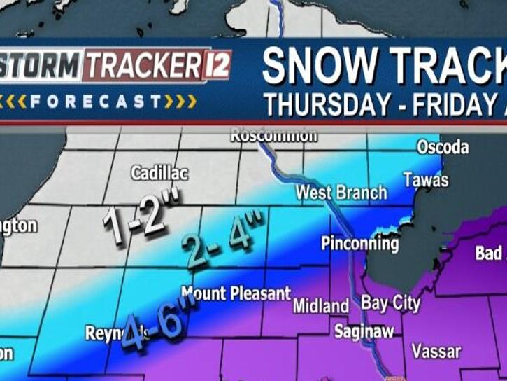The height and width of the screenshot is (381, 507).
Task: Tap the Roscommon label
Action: (x=274, y=135)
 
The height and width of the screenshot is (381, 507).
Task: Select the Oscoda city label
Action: (x=443, y=147)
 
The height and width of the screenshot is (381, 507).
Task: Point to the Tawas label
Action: (x=425, y=180)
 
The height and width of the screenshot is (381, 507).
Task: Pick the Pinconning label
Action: (x=359, y=244)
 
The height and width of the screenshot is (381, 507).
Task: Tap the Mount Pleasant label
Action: (x=236, y=293)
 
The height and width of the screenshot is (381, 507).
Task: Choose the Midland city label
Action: (x=320, y=306)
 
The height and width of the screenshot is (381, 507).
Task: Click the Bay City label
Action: (x=391, y=303)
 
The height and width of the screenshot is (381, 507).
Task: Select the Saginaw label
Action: (x=364, y=331)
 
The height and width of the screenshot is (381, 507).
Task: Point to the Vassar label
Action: (x=435, y=350)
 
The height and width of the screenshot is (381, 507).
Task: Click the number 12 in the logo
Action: (x=216, y=67)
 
